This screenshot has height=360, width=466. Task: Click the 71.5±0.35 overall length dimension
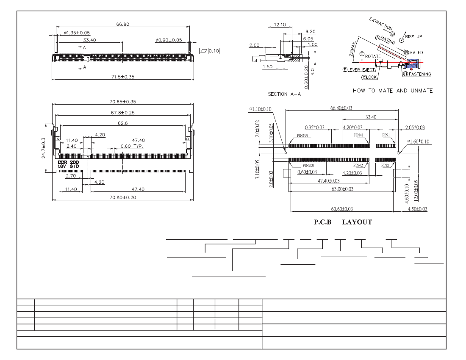pyautogui.click(x=123, y=77)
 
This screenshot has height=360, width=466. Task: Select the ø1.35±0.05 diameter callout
pyautogui.click(x=77, y=33)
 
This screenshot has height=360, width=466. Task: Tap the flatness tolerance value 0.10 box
pyautogui.click(x=214, y=51)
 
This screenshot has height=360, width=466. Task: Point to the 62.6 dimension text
pyautogui.click(x=123, y=123)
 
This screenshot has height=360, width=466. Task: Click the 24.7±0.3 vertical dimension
pyautogui.click(x=44, y=148)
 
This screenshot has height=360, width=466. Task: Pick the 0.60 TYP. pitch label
pyautogui.click(x=132, y=147)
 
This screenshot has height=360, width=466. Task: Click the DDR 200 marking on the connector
pyautogui.click(x=68, y=163)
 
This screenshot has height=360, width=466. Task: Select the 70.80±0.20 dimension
pyautogui.click(x=123, y=197)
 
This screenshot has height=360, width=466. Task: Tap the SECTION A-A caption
pyautogui.click(x=284, y=94)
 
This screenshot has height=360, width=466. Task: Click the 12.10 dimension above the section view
pyautogui.click(x=280, y=25)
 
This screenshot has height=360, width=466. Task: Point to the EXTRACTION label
pyautogui.click(x=381, y=24)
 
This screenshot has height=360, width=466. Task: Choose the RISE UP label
pyautogui.click(x=413, y=36)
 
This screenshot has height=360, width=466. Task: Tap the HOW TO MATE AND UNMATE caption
pyautogui.click(x=393, y=91)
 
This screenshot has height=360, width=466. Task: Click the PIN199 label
pyautogui.click(x=302, y=136)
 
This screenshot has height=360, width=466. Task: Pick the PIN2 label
pyautogui.click(x=385, y=166)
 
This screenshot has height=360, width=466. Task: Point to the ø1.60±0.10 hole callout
pyautogui.click(x=418, y=142)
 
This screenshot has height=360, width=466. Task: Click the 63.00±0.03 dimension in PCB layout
pyautogui.click(x=342, y=189)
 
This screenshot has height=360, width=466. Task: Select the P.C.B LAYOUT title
pyautogui.click(x=343, y=222)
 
